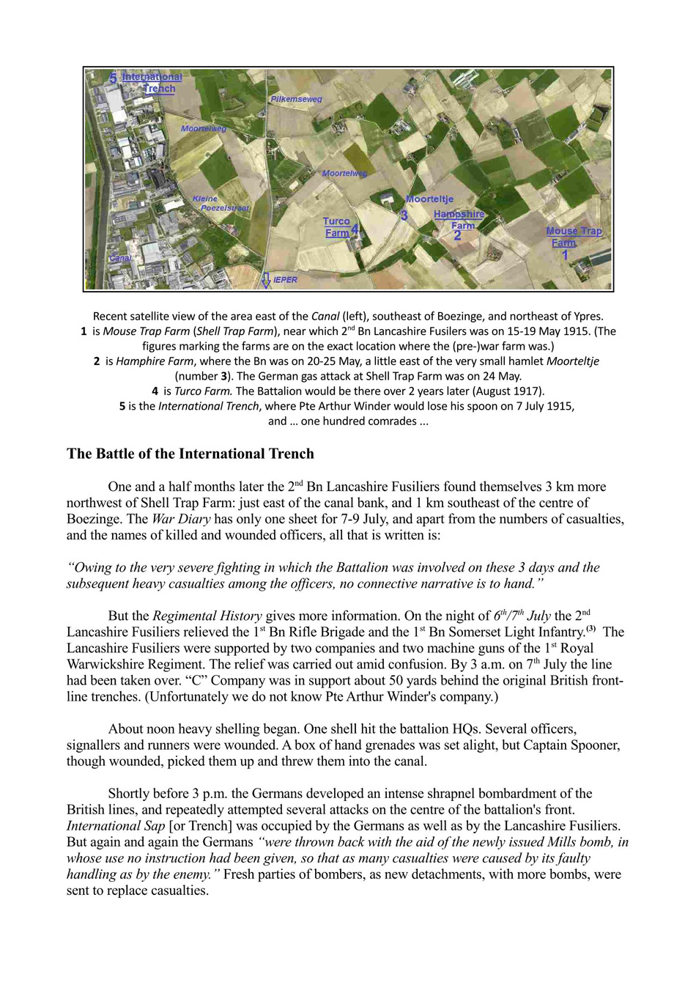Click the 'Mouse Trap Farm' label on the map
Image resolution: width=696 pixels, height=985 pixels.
tap(573, 236)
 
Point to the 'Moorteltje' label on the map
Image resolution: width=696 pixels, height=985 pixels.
tap(430, 199)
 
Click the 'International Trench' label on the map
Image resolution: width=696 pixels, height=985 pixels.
tap(152, 83)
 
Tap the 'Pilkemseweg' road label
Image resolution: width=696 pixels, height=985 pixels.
tap(296, 99)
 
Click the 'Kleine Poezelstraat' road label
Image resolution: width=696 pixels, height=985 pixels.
tap(221, 204)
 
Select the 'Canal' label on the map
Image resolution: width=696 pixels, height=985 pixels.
tap(121, 259)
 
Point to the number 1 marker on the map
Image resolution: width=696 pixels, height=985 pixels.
tap(565, 255)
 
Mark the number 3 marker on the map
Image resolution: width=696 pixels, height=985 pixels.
tap(404, 215)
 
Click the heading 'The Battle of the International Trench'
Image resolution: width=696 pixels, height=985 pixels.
tap(190, 454)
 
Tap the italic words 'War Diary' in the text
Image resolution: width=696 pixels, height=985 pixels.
tap(181, 519)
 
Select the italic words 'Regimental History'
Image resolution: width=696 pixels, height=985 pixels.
tap(207, 616)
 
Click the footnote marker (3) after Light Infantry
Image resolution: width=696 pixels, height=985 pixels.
tap(591, 629)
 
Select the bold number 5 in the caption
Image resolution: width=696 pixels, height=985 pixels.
tap(122, 406)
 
